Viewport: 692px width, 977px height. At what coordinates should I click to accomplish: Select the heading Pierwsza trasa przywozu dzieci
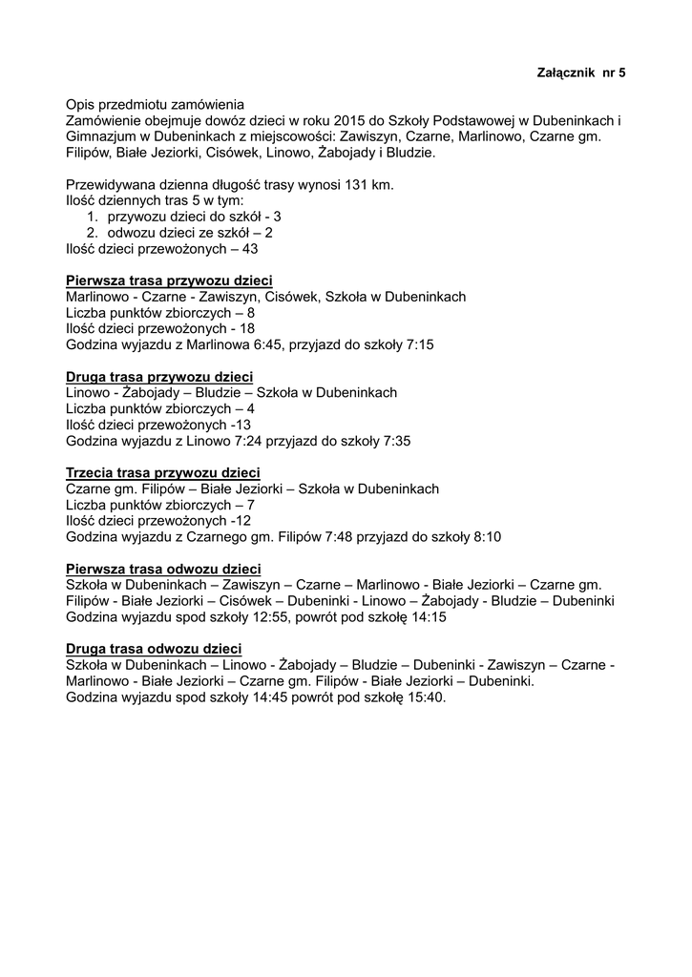coord(169,281)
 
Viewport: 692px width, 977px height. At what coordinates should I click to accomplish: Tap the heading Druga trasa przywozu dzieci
coord(159,377)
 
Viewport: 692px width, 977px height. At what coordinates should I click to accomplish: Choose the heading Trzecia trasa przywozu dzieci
coord(163,473)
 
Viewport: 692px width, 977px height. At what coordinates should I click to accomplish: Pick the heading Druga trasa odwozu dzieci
coord(153,650)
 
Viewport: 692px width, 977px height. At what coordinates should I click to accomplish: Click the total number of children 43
coord(250,248)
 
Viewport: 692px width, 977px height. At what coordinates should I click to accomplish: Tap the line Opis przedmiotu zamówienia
coord(155,104)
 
